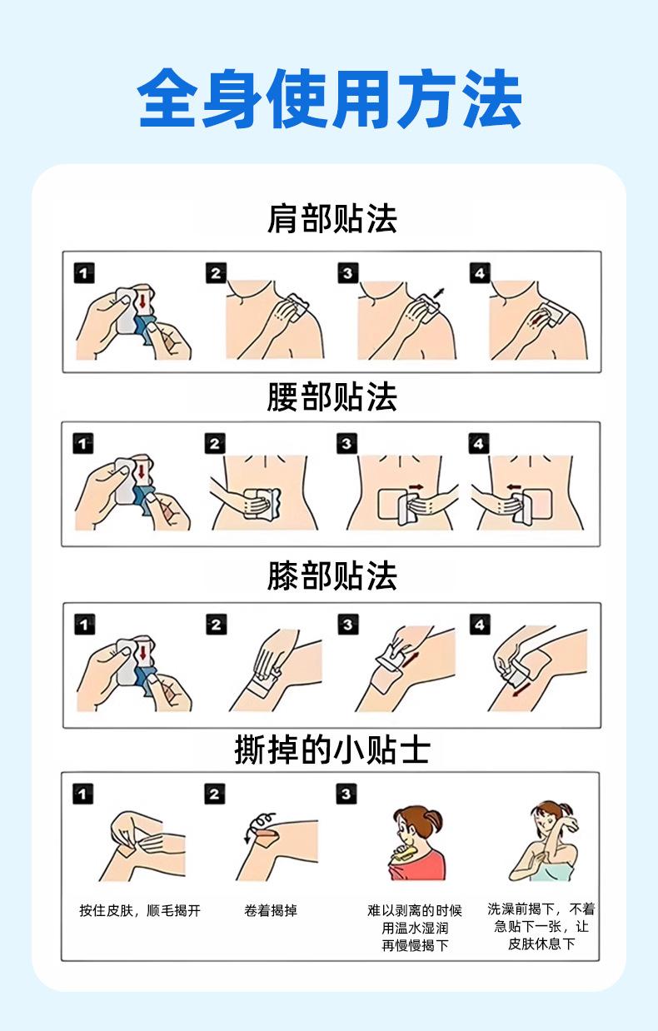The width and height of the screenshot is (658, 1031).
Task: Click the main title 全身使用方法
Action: point(329,98)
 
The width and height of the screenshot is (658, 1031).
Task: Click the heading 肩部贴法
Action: point(332,219)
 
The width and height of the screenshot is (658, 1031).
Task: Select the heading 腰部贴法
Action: point(332,396)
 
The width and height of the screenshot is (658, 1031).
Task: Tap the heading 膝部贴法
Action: point(332,575)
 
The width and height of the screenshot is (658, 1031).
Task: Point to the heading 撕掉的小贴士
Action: point(332,750)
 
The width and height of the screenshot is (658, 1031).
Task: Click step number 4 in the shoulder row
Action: point(480,273)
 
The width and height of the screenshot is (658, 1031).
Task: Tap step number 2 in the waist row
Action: point(215,444)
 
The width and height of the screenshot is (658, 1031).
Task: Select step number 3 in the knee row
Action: point(347,625)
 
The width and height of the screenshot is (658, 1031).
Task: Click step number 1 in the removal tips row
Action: point(83,794)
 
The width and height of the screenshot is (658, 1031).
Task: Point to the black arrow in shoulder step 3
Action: point(439,293)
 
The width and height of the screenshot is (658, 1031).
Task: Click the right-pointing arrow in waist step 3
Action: point(416,486)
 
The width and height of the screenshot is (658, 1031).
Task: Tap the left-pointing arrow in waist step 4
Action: point(514,487)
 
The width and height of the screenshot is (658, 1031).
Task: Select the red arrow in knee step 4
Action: point(521,689)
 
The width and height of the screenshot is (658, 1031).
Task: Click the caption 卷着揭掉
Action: point(271,910)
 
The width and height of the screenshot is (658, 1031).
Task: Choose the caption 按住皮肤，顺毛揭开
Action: point(140,910)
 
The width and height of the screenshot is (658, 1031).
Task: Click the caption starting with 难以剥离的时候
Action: point(415,928)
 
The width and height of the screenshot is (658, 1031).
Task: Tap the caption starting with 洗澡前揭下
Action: point(541,927)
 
